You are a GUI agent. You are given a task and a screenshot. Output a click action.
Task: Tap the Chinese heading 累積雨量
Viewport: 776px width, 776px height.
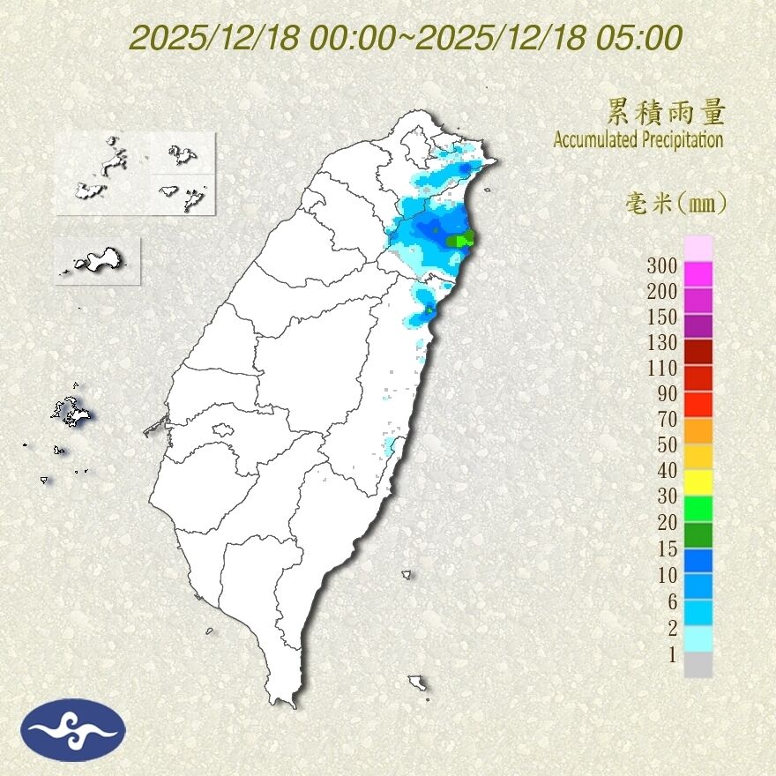point(666,112)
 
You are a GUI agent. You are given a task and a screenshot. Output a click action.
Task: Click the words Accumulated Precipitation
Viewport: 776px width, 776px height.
point(638,139)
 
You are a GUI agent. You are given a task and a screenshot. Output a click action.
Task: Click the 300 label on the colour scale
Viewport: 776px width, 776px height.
point(661,265)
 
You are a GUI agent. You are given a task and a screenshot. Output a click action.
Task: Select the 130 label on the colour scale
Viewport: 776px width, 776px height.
point(661,342)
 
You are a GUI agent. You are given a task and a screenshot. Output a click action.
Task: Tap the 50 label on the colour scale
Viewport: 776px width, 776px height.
point(666,444)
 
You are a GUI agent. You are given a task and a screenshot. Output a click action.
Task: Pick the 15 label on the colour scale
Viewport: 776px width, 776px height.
point(666,548)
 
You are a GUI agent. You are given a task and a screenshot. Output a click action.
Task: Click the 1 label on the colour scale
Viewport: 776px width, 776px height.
point(671,653)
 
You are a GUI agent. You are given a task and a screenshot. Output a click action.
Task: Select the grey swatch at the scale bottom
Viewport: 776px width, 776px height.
point(698,665)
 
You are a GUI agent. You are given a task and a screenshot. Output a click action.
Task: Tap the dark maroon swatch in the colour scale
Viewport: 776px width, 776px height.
point(698,352)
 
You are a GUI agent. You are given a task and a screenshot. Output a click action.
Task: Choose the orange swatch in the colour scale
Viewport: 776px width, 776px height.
point(698,430)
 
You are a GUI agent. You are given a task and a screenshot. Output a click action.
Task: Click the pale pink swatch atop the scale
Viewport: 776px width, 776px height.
point(698,248)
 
